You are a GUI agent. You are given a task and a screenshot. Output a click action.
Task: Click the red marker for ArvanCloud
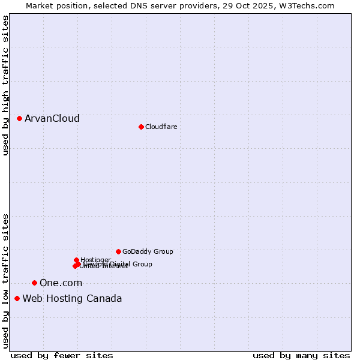(20, 119)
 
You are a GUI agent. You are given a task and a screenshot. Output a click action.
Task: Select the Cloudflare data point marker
(141, 127)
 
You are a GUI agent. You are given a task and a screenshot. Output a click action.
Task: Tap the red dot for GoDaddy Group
(118, 251)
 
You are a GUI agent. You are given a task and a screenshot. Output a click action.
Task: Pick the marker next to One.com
(34, 283)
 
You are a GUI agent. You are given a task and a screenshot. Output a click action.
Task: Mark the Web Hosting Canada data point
(17, 298)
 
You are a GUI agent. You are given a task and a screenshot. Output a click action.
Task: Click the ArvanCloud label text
(52, 119)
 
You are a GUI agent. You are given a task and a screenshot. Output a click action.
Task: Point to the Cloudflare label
(161, 127)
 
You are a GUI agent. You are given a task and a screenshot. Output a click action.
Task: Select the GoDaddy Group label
(148, 251)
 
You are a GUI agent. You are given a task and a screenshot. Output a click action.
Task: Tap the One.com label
(61, 283)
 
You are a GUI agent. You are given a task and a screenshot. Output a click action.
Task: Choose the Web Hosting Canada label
(72, 299)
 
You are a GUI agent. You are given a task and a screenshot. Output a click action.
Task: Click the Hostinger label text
(95, 260)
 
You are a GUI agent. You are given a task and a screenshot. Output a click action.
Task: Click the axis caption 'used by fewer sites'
(62, 356)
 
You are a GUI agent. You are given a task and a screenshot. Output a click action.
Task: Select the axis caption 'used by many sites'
(301, 356)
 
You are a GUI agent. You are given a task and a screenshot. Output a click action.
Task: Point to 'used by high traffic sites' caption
(5, 86)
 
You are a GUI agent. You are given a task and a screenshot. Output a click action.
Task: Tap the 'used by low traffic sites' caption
(5, 281)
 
